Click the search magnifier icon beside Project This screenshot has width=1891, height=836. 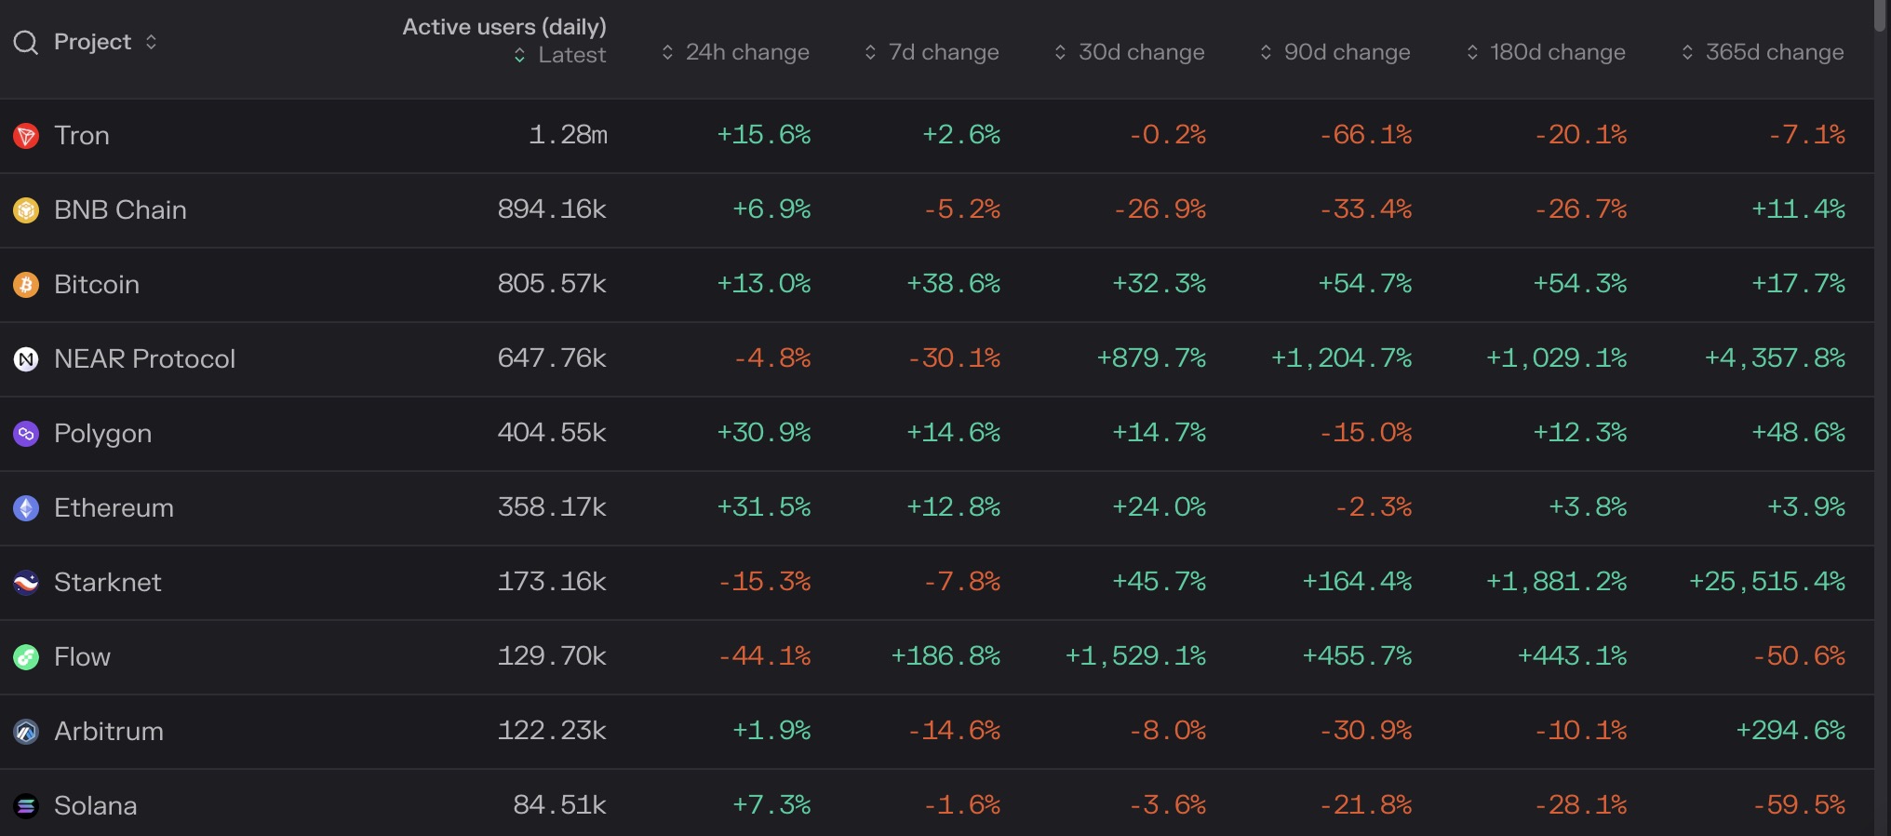(26, 43)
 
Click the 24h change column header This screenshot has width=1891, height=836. (746, 52)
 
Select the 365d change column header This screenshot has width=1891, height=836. (1774, 52)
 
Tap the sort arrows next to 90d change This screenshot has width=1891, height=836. (1266, 52)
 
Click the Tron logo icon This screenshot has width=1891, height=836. (26, 136)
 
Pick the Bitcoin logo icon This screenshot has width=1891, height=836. (26, 285)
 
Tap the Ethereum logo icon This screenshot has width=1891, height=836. (26, 508)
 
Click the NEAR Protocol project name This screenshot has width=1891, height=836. (144, 359)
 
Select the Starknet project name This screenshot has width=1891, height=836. (107, 583)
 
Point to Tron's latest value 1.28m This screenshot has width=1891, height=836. (568, 135)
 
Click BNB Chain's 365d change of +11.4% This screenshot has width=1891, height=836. (1798, 209)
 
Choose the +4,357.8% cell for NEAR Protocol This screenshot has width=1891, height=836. (1774, 358)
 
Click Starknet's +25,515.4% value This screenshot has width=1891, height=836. (1766, 582)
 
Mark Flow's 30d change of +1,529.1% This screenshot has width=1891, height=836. (1135, 656)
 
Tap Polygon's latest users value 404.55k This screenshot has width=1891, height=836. (552, 433)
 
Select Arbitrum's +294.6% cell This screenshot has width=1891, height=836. (1790, 731)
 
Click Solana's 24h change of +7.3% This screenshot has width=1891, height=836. (771, 805)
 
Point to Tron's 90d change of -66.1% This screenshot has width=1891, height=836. (1365, 135)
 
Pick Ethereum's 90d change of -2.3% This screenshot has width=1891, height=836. (1373, 507)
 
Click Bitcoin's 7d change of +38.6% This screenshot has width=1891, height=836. (953, 284)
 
